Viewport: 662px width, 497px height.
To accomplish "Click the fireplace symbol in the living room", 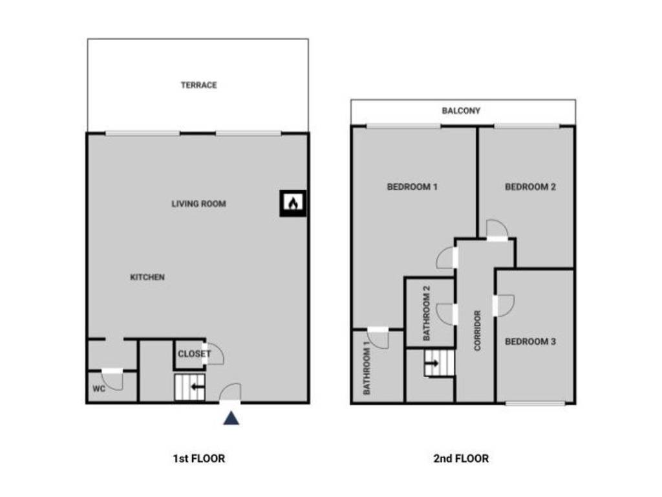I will [293, 203].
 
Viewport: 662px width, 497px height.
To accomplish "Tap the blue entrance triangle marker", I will [231, 419].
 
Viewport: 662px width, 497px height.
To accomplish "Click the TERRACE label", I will [198, 85].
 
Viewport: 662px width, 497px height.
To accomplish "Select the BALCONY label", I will [461, 111].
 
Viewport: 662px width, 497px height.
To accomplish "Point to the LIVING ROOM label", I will [198, 204].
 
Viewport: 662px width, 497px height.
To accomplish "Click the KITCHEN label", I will [147, 278].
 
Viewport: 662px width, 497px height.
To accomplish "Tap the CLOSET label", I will [194, 354].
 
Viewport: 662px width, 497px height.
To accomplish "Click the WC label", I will [99, 390].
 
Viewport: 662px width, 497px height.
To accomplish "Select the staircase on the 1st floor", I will [189, 388].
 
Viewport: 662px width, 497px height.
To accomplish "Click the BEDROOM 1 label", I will [412, 188].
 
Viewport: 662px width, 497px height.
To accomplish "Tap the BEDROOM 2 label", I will [530, 188].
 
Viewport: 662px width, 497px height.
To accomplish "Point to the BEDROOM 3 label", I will [530, 342].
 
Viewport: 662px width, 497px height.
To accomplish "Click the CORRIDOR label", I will [478, 331].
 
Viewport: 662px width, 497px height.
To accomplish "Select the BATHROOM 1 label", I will [366, 371].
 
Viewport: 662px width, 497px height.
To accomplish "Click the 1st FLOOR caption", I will [198, 459].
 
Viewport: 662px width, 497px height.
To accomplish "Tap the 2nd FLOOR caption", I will [461, 459].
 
